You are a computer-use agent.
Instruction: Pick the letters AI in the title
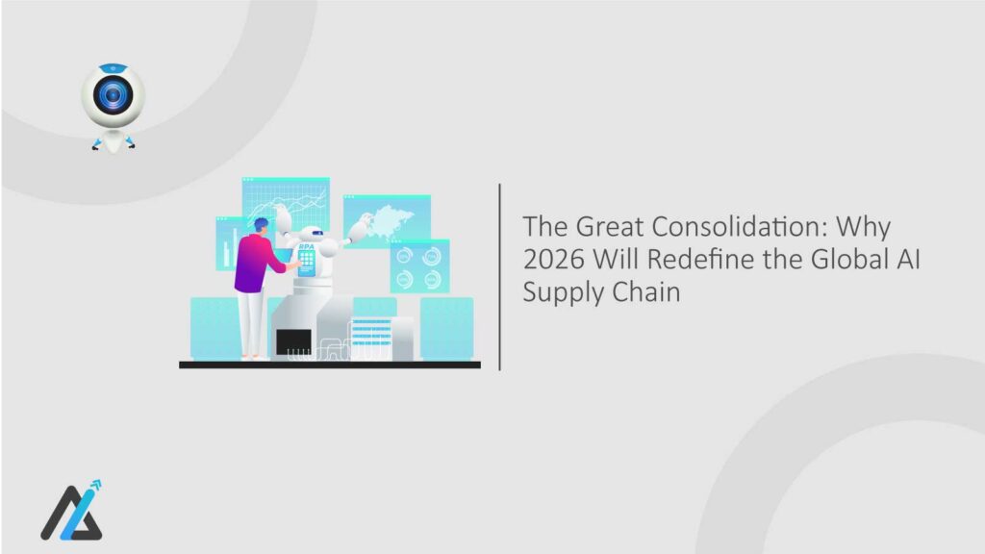pos(906,260)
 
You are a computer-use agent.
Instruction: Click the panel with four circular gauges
pos(419,265)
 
